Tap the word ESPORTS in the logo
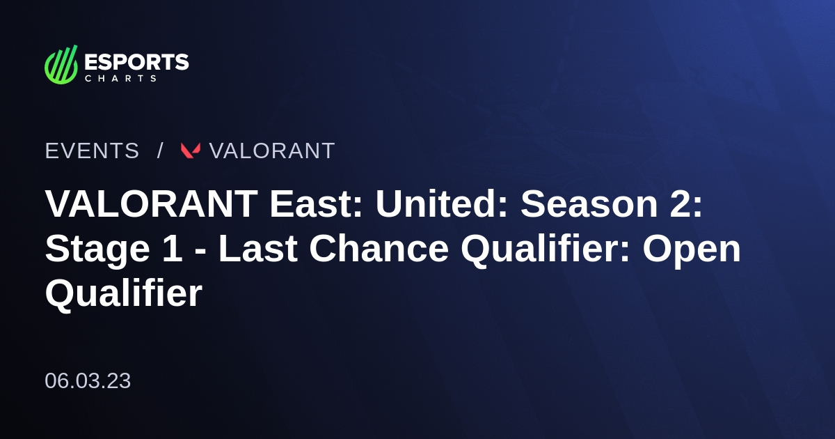[136, 62]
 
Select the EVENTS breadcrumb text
[92, 151]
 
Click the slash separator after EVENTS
[160, 151]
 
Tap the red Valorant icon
[191, 151]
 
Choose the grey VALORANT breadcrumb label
[272, 151]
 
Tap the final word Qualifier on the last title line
[123, 294]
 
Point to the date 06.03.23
[88, 381]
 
